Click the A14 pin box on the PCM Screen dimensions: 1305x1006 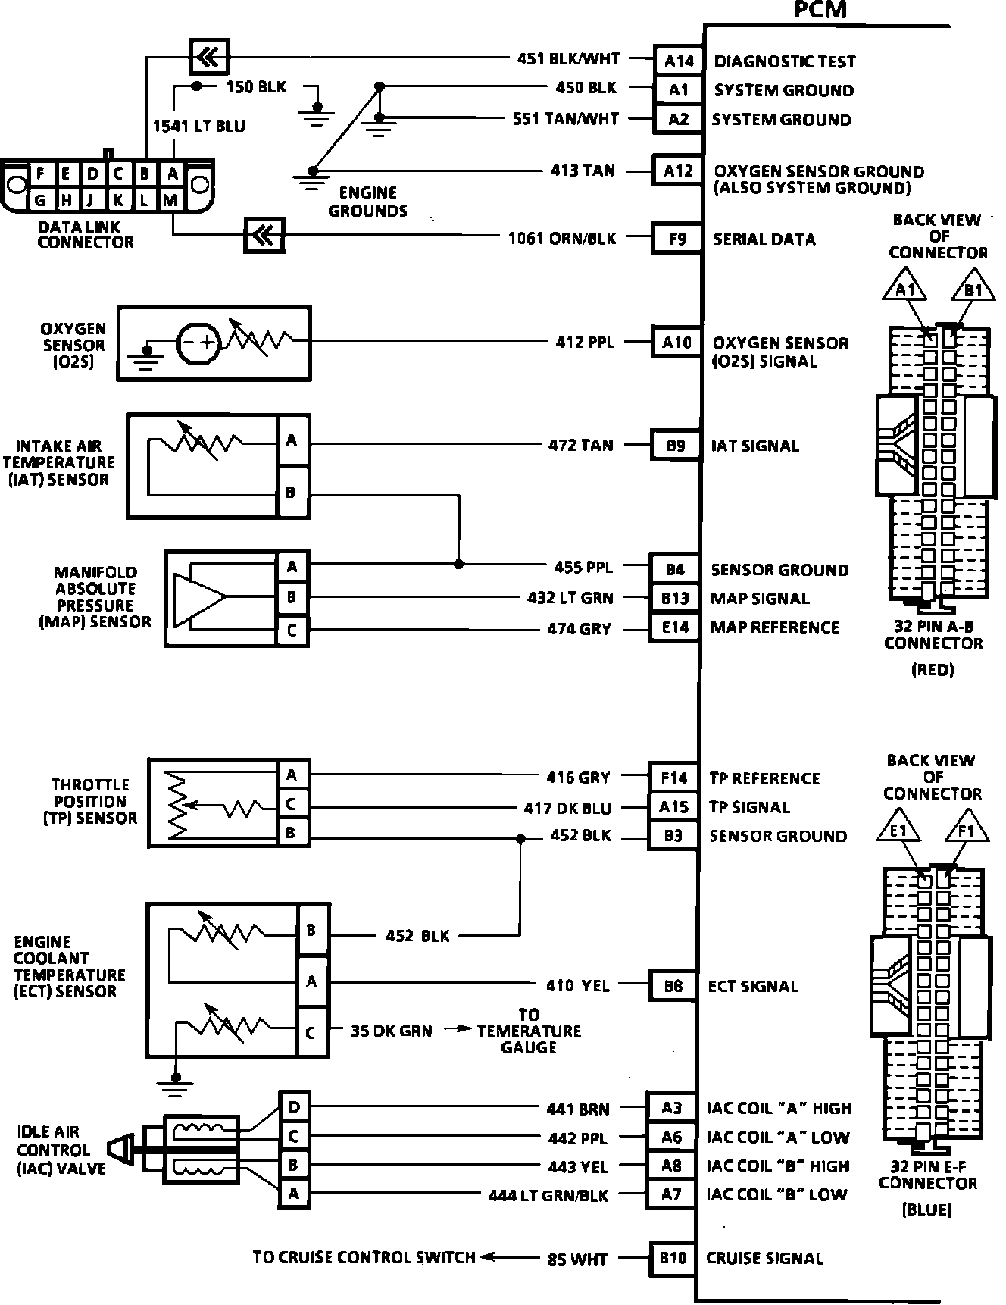click(678, 61)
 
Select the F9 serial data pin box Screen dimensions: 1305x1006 click(676, 239)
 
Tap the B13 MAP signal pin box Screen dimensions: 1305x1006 click(674, 599)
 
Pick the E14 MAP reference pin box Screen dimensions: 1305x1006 click(674, 627)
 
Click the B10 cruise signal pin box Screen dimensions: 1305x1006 click(673, 1258)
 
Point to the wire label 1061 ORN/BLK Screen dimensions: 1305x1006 click(562, 239)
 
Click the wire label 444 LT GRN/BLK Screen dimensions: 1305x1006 click(548, 1195)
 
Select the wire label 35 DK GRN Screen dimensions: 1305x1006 click(391, 1031)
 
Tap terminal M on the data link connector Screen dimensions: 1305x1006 click(170, 200)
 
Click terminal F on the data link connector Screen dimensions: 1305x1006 click(40, 174)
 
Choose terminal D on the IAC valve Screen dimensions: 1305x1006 click(294, 1108)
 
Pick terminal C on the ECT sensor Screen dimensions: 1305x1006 click(311, 1032)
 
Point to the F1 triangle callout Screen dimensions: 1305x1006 click(967, 831)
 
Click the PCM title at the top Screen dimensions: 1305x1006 click(820, 10)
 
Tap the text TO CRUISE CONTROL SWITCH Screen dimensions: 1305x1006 click(364, 1257)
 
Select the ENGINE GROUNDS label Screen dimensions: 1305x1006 click(367, 202)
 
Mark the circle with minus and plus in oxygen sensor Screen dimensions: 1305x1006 click(198, 343)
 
